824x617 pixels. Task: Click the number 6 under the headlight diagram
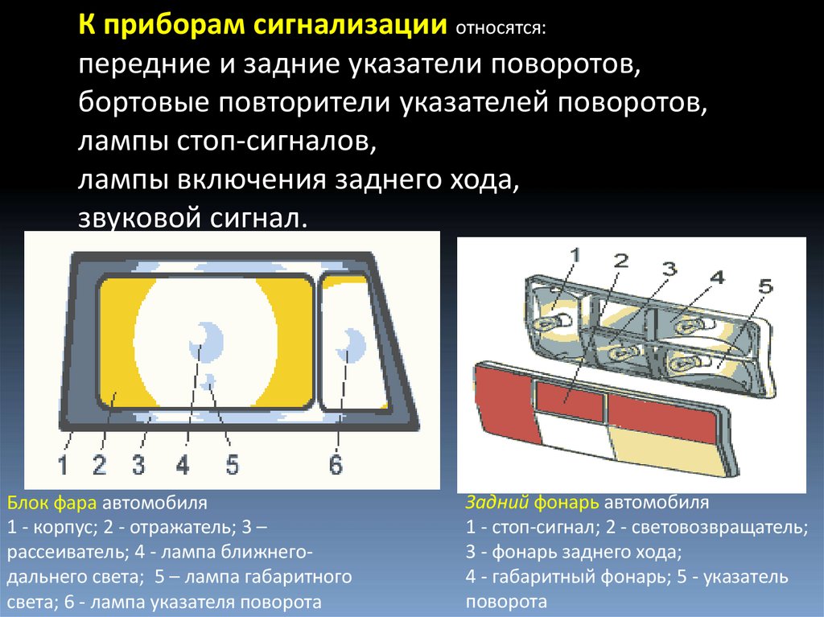pyautogui.click(x=336, y=464)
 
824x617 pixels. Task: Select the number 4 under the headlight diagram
pyautogui.click(x=183, y=465)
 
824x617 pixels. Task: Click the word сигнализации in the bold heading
pyautogui.click(x=347, y=25)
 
